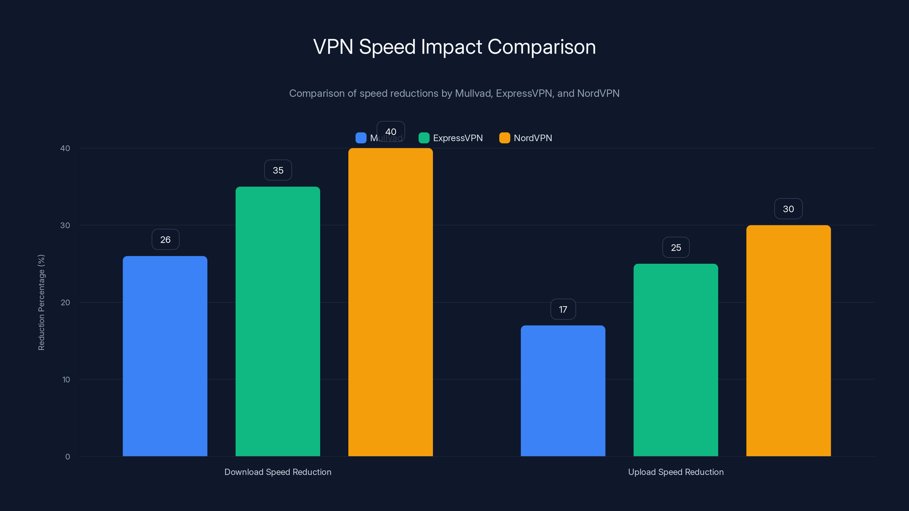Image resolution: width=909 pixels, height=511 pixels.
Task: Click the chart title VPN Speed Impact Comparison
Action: click(454, 47)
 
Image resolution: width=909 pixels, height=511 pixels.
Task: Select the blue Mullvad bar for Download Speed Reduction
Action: click(165, 356)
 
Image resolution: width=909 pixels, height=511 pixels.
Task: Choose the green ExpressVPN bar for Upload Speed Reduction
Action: click(676, 360)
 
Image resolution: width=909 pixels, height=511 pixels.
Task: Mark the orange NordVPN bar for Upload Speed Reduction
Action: click(788, 341)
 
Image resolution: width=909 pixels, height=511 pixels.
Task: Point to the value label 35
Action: click(278, 170)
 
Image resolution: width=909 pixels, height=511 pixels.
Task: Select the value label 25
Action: click(676, 248)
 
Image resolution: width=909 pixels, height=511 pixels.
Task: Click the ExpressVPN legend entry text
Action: click(458, 138)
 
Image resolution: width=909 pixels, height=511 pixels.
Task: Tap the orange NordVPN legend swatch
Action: click(504, 138)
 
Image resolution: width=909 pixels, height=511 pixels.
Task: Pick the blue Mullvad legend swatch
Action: click(361, 138)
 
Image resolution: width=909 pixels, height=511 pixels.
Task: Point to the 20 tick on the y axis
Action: click(65, 303)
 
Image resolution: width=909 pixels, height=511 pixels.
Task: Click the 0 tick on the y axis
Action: click(67, 457)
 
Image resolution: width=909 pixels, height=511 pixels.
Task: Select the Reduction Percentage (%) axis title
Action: click(41, 302)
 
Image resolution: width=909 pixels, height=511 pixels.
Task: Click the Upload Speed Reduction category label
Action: click(676, 472)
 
